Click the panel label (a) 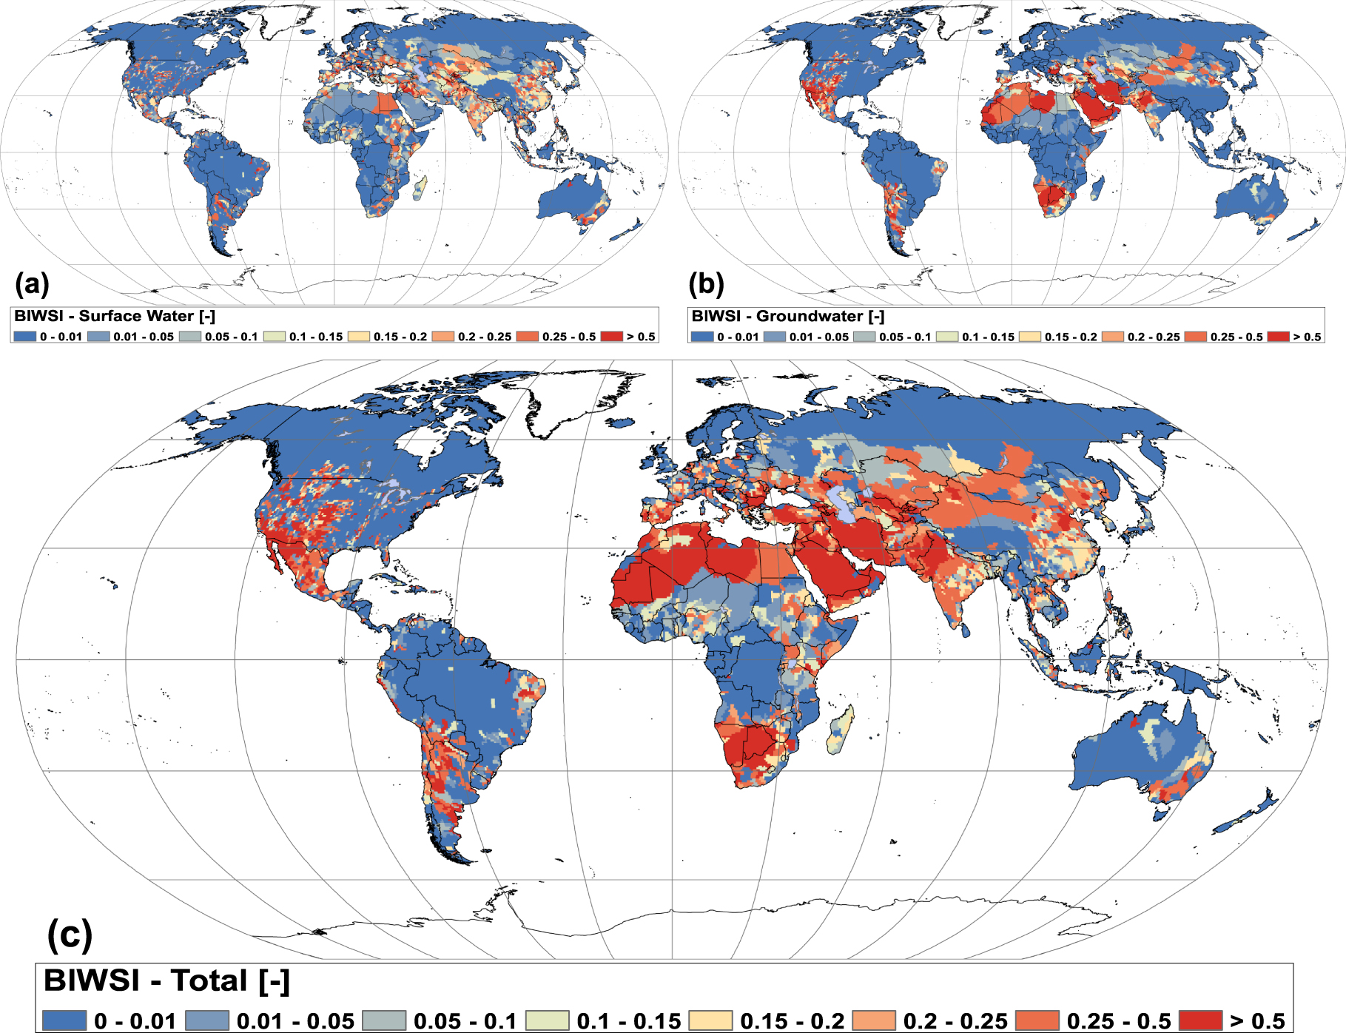pos(32,283)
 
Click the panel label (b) pos(706,283)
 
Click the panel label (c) pos(70,935)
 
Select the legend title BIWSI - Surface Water pos(115,316)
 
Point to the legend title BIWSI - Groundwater pos(788,316)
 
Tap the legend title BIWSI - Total pos(166,980)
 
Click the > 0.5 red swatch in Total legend pos(1200,1020)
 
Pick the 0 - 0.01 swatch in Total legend pos(64,1020)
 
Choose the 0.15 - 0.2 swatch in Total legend pos(710,1020)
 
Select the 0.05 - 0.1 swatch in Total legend pos(384,1020)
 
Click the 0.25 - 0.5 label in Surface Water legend pos(569,337)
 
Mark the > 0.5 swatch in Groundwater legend pos(1278,337)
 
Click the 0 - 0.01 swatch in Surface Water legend pos(24,337)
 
